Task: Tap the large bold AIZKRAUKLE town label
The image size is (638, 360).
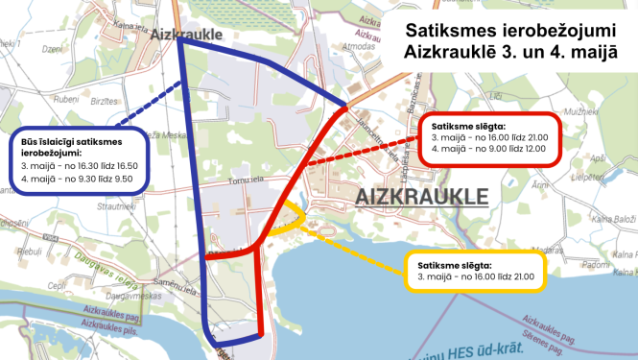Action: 421,198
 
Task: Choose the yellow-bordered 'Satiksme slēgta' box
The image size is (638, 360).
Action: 475,271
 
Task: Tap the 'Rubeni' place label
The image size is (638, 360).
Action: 65,99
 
